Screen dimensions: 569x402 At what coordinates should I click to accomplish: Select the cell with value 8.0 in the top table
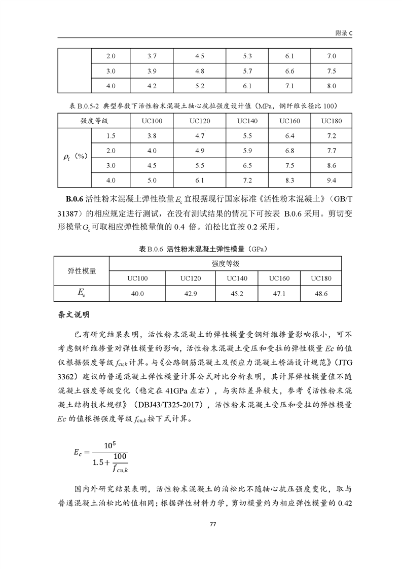[332, 86]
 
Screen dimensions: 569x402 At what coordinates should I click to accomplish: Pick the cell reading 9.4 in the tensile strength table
[332, 180]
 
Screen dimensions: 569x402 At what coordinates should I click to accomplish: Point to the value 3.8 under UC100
[152, 136]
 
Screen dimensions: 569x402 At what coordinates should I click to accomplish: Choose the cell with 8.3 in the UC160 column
[289, 180]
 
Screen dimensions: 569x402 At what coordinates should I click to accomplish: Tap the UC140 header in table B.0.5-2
[247, 121]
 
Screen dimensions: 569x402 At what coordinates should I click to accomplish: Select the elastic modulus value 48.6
[321, 293]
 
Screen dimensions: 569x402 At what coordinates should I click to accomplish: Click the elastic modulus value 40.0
[138, 293]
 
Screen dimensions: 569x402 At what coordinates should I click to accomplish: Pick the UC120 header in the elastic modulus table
[191, 278]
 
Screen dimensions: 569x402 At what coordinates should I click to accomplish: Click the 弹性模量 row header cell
[82, 271]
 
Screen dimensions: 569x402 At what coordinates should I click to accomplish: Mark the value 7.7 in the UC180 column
[332, 151]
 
